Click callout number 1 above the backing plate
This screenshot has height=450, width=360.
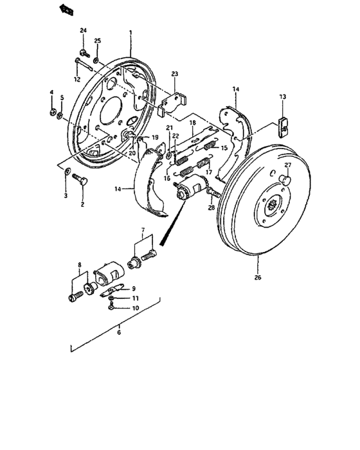[x=130, y=32]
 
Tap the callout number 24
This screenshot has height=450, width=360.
[x=83, y=31]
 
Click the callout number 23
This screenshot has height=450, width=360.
[x=174, y=74]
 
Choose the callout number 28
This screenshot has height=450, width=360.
[x=210, y=208]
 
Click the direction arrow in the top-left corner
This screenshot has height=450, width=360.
[x=65, y=8]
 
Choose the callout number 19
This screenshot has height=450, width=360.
[x=154, y=138]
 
